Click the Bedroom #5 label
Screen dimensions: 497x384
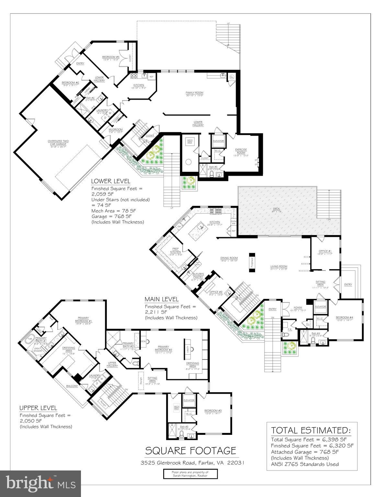111,57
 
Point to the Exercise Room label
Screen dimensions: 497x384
241,151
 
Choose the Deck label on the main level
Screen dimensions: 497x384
276,209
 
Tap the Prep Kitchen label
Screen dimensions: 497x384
175,250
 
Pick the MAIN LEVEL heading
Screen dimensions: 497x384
161,299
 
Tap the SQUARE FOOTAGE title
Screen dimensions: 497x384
190,450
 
